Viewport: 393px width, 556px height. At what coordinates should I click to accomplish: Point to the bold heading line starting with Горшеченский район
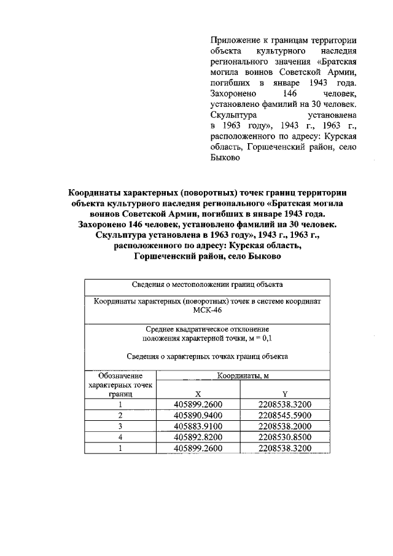pos(207,257)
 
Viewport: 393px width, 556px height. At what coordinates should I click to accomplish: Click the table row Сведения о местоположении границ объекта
pos(207,284)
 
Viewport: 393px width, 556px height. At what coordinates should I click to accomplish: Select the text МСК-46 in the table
pos(207,311)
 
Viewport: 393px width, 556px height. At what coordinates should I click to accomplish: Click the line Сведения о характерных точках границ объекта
pos(207,356)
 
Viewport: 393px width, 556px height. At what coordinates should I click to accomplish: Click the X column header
pos(198,394)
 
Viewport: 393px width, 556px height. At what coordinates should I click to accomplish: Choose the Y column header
pos(285,394)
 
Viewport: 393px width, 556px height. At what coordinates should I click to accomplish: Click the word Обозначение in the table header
pos(120,375)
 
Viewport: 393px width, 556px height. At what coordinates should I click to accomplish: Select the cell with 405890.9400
pos(198,415)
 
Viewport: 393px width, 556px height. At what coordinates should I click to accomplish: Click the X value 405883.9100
pos(198,426)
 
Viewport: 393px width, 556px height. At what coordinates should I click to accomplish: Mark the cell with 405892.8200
pos(198,437)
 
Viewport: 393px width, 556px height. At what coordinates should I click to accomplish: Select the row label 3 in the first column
pos(120,426)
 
